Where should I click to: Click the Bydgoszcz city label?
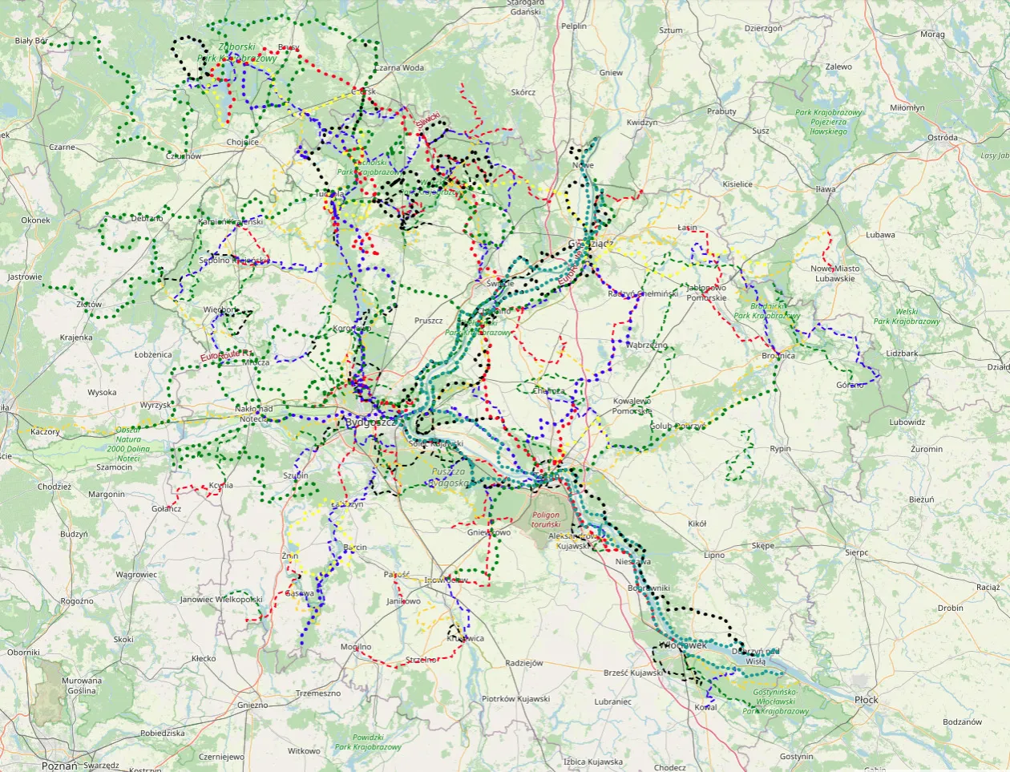(370, 422)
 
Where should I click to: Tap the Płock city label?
(866, 700)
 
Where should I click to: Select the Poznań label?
(59, 766)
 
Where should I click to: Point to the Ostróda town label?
(942, 138)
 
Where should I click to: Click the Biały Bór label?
(32, 41)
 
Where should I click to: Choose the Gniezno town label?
(252, 705)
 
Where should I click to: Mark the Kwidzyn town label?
(641, 123)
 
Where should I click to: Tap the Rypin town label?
(780, 449)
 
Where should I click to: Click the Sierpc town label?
(856, 553)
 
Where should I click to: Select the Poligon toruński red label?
(547, 519)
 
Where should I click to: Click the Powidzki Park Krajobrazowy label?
(368, 742)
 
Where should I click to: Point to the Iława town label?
(825, 189)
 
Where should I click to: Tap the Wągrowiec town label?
(136, 575)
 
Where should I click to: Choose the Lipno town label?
(713, 555)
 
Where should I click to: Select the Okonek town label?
(35, 220)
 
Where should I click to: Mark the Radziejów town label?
(524, 664)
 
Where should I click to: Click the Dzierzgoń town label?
(762, 28)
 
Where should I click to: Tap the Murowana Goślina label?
(82, 685)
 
